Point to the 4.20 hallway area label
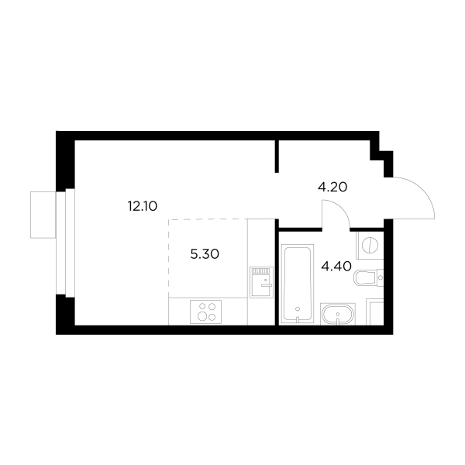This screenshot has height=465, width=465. click(332, 186)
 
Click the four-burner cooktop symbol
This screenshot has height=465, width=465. click(207, 312)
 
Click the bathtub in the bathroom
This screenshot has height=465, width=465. click(298, 284)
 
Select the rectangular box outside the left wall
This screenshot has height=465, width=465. click(42, 214)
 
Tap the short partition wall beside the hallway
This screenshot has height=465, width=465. click(277, 155)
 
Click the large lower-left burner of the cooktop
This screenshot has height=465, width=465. click(201, 316)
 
